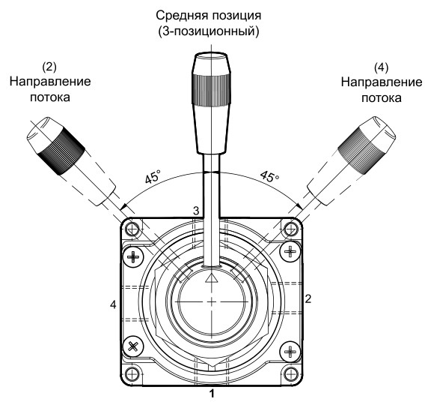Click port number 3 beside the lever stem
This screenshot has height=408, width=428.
pos(196,212)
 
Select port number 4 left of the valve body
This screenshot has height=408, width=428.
pos(113,304)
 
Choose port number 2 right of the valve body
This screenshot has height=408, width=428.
pos(308,298)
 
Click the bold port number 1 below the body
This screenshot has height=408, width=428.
pos(212,392)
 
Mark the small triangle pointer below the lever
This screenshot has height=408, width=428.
pos(212,277)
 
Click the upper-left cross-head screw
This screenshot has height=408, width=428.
pos(135,257)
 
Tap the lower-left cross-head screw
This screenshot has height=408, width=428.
pos(135,347)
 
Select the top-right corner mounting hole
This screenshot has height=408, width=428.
pos(291,228)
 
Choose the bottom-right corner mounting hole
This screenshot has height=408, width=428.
pos(291,374)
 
